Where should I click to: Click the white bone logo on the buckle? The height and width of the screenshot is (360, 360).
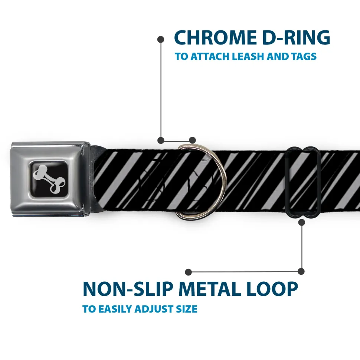pyautogui.click(x=50, y=178)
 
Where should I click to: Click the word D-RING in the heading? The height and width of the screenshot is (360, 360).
pyautogui.click(x=294, y=37)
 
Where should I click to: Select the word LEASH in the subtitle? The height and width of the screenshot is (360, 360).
pyautogui.click(x=249, y=57)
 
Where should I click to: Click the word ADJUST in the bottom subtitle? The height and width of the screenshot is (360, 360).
pyautogui.click(x=159, y=309)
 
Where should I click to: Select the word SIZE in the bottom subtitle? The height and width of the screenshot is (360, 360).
pyautogui.click(x=187, y=309)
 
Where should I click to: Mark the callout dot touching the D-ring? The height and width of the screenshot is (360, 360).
pyautogui.click(x=192, y=140)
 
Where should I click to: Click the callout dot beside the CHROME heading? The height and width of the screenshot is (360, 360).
pyautogui.click(x=161, y=39)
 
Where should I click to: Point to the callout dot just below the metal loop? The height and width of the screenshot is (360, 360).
pyautogui.click(x=301, y=222)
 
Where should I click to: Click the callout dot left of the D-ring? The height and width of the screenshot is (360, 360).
pyautogui.click(x=161, y=140)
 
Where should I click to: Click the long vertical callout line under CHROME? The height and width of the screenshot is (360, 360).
pyautogui.click(x=161, y=89)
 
